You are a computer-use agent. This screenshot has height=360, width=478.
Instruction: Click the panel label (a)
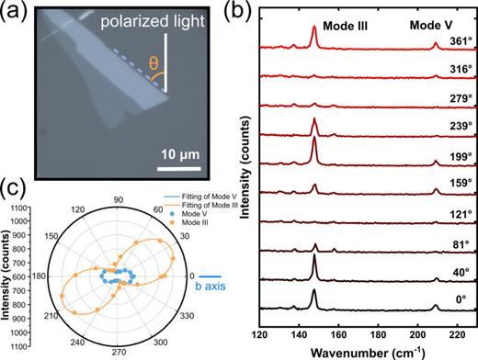click(15, 11)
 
